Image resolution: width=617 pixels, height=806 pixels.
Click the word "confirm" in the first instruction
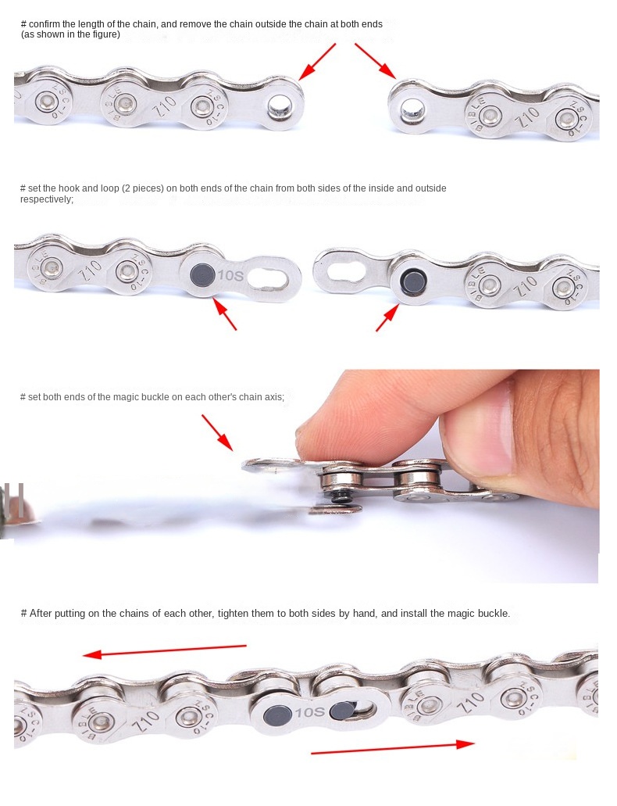45,24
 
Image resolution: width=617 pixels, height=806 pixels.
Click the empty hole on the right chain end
412,109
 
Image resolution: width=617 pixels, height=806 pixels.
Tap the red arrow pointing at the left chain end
316,61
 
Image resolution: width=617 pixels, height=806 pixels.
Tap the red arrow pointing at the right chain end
376,61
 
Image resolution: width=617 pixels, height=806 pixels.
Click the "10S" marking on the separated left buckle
230,276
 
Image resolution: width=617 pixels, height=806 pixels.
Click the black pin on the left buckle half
202,275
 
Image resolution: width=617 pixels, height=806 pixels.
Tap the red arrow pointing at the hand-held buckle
217,433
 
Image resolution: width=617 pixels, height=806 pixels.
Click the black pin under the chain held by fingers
339,496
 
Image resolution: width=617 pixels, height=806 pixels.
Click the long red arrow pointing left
165,650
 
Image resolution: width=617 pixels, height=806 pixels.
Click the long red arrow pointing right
393,748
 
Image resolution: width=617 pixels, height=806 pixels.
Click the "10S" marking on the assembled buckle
310,712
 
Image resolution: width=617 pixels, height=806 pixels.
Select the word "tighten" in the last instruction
234,613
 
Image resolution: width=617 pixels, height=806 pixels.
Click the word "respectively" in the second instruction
47,199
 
